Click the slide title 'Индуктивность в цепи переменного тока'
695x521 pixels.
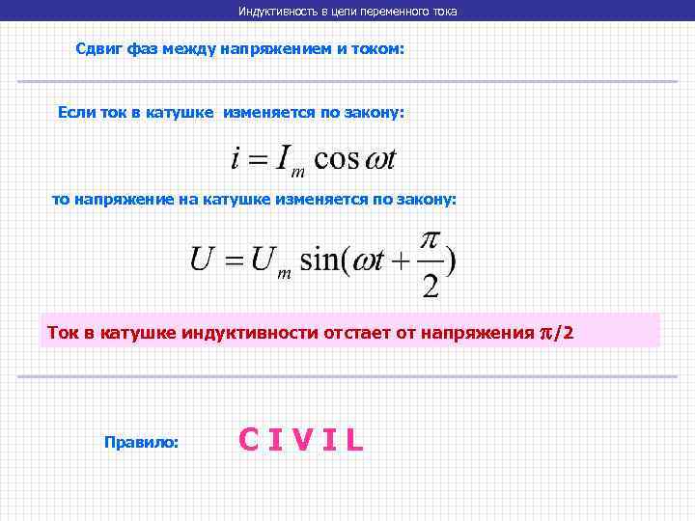coord(347,11)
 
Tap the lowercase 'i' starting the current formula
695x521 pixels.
coord(235,157)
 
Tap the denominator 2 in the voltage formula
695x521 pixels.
coord(431,285)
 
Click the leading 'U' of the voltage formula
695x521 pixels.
coord(202,260)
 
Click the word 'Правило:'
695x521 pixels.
coord(141,441)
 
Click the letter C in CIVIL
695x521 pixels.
coord(249,440)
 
